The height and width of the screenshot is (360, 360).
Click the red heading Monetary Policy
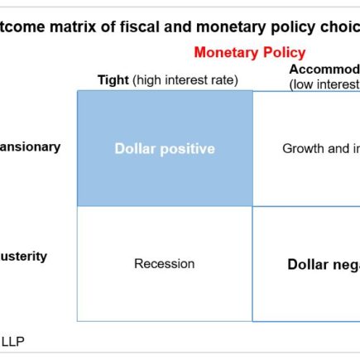[249, 53]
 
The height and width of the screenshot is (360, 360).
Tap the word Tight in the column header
[113, 80]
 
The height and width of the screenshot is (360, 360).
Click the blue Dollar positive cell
[165, 149]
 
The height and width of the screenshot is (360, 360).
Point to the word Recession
[165, 264]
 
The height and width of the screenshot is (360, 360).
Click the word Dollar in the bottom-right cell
[308, 265]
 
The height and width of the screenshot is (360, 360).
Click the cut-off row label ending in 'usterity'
[24, 257]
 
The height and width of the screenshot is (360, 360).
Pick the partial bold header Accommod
[324, 69]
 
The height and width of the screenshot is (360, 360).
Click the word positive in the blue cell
[187, 149]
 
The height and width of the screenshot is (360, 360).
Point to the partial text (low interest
[324, 84]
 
